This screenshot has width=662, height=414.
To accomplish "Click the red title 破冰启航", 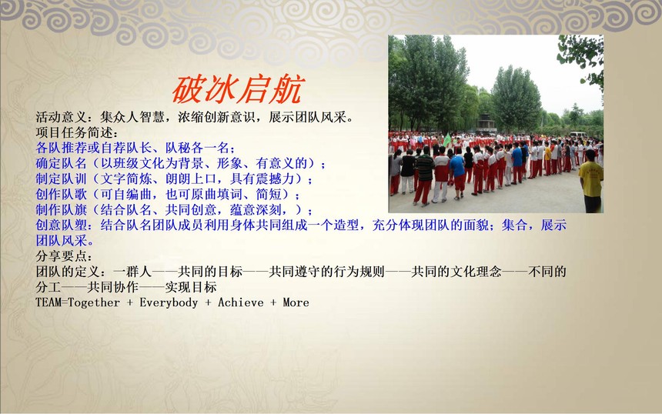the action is [238, 90].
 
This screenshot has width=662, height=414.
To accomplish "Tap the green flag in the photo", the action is [446, 140].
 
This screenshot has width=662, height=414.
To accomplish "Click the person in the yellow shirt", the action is [591, 181].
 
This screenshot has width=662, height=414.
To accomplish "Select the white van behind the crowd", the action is [578, 135].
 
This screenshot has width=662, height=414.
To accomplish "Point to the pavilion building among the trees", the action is [486, 123].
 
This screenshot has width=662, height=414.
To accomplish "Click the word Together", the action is [94, 302].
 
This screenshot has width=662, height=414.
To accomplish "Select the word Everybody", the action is [169, 302].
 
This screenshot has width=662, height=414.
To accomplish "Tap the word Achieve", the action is [241, 302].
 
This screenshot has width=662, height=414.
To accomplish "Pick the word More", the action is [296, 302].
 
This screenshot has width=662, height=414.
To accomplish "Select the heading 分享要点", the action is [62, 255].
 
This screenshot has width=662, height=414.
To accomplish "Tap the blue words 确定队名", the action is [62, 163].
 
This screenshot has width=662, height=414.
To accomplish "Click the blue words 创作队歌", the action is [62, 194].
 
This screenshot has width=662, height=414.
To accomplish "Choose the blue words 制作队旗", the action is [62, 210].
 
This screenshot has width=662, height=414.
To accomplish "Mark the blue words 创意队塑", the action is [62, 225].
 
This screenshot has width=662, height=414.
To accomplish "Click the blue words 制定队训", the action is [62, 179].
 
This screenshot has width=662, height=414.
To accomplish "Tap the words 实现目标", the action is [191, 287].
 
